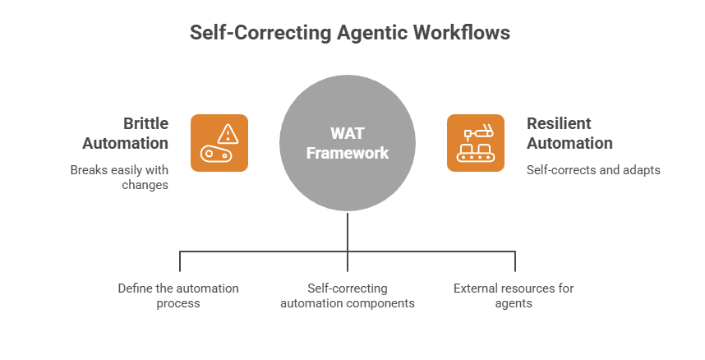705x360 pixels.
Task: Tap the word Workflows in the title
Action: [x=464, y=33]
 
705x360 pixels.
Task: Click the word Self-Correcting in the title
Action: [x=260, y=33]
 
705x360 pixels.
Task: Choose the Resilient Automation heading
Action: [x=569, y=133]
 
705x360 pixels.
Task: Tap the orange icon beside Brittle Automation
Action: [x=219, y=143]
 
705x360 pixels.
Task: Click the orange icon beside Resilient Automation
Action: [x=476, y=143]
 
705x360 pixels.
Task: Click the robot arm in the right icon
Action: [x=478, y=131]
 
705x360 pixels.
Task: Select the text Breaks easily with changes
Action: [x=119, y=178]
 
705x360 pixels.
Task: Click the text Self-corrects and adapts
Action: [x=593, y=170]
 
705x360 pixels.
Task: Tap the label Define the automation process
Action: [x=178, y=295]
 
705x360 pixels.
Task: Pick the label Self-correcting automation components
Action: [x=347, y=295]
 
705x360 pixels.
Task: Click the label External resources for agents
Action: [x=514, y=295]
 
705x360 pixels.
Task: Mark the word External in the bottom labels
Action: [x=475, y=288]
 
